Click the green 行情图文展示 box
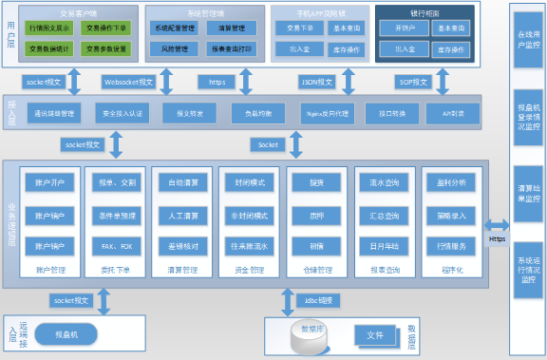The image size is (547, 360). pos(46,29)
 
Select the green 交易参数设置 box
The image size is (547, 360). pos(106,48)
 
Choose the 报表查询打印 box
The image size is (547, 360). pos(230,48)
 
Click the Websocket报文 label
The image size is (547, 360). pos(127,83)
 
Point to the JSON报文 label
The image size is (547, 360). pos(316,83)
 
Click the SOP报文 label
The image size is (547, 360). pos(411,83)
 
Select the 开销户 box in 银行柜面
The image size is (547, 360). pos(404,29)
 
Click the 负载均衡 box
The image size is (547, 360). pos(251,114)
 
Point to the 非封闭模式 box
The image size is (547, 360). pos(249,215)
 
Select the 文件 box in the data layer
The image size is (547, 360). pos(374,335)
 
